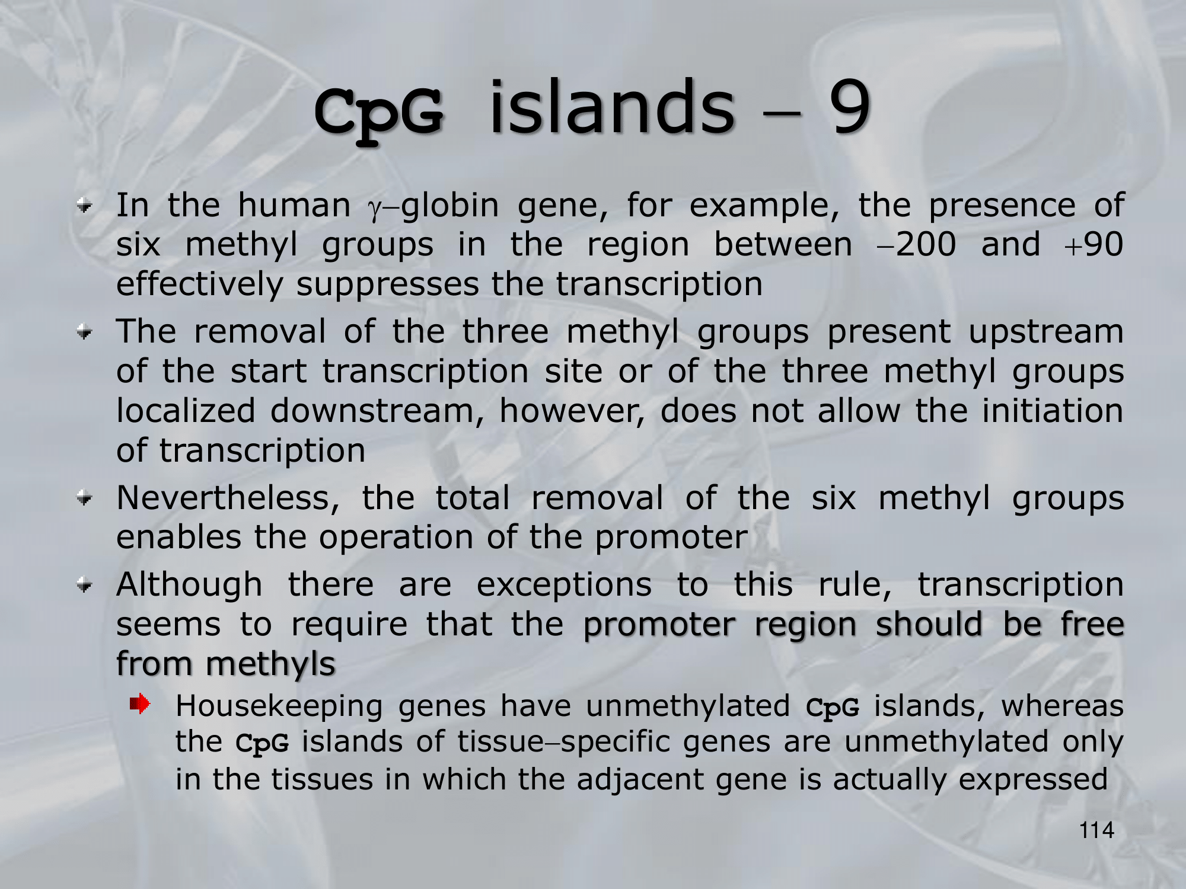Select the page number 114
click(1096, 830)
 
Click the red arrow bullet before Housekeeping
click(140, 704)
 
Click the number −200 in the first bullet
click(916, 244)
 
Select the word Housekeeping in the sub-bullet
click(279, 707)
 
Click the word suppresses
click(387, 284)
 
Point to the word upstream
click(1046, 332)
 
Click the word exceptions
click(564, 586)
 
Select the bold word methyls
click(271, 664)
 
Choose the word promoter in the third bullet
click(671, 539)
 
